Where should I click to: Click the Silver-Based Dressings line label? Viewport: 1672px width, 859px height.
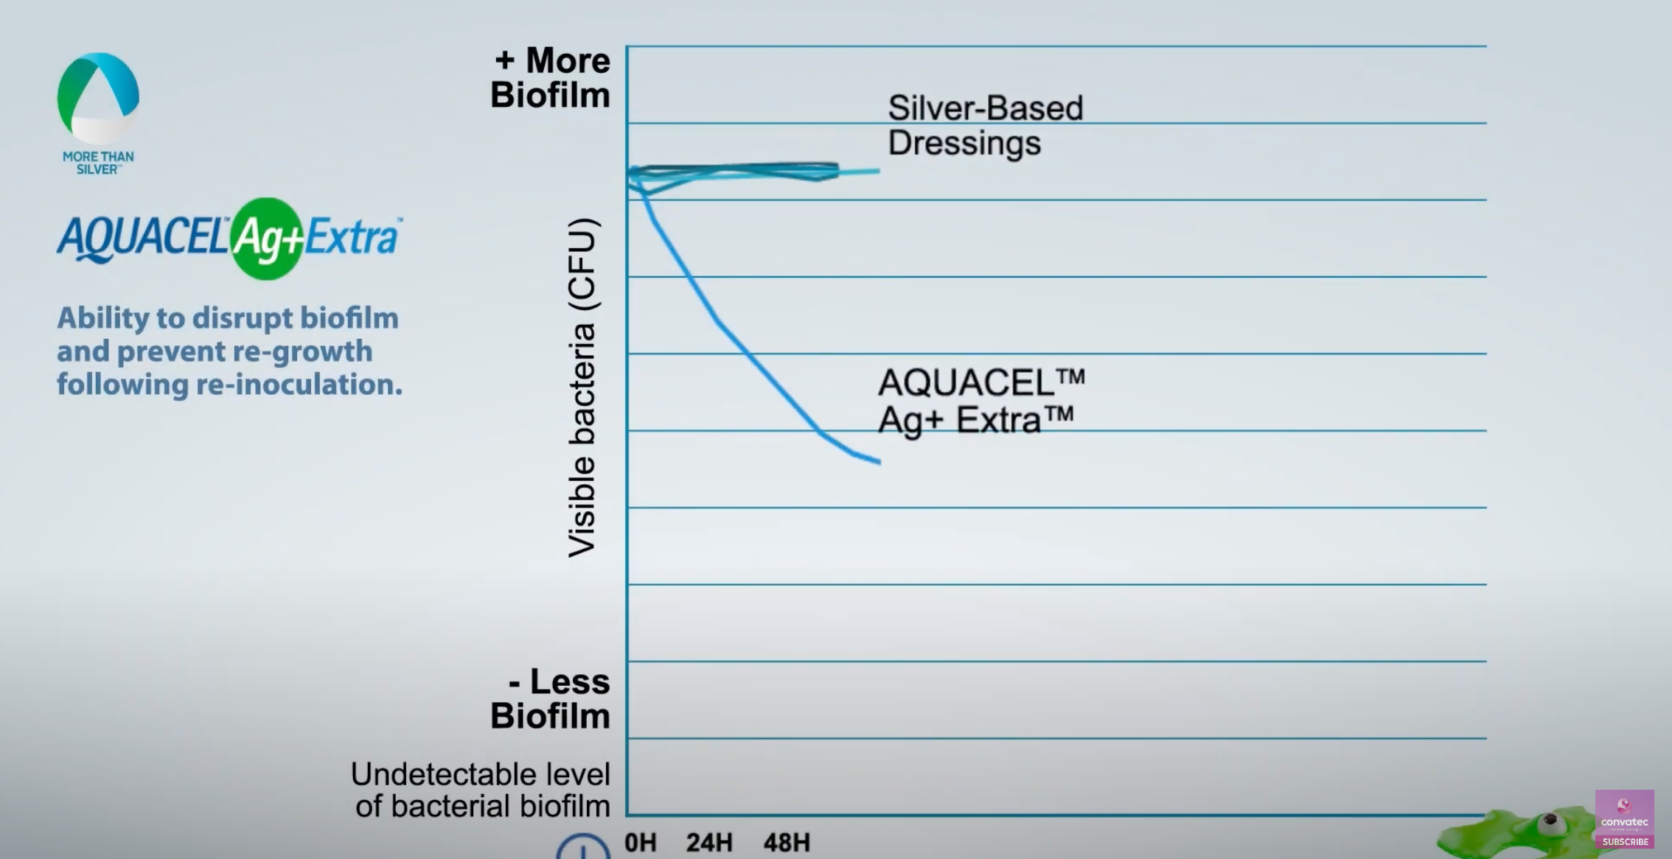985,125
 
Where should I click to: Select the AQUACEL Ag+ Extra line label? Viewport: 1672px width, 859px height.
980,402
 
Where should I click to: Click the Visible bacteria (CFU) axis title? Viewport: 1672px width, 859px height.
582,388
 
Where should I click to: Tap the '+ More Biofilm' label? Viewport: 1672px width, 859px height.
551,77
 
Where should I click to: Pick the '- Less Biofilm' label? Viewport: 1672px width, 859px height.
551,698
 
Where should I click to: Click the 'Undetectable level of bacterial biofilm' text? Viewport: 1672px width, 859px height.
481,790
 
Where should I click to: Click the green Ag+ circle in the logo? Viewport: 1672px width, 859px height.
266,239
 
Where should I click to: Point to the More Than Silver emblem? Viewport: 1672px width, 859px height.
98,98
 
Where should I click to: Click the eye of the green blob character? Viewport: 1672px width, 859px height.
1550,820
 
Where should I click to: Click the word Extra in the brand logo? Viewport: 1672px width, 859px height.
352,237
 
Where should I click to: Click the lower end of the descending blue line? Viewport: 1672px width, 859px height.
879,463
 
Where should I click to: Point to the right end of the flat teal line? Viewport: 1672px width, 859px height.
879,171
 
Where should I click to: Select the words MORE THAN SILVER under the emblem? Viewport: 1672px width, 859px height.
98,163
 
